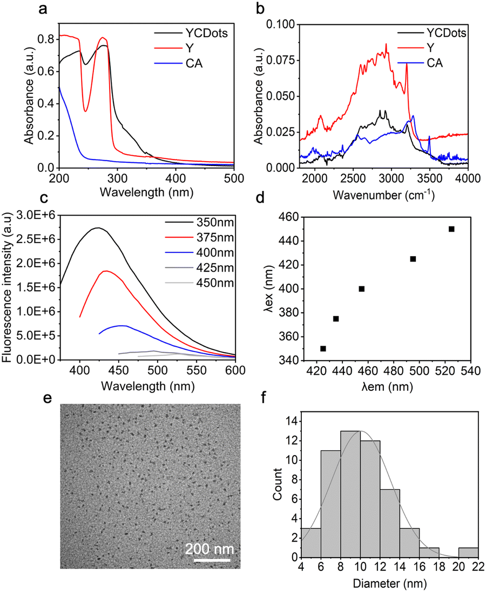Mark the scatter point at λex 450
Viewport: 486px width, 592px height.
[x=451, y=229]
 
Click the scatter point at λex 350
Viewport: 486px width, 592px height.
[x=323, y=349]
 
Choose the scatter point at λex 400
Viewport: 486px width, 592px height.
[x=362, y=289]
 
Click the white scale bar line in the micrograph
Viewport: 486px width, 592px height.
[x=213, y=561]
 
